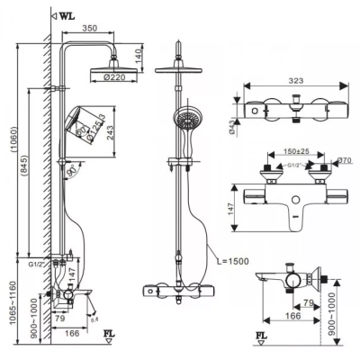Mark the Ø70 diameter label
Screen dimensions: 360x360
pyautogui.click(x=342, y=161)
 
